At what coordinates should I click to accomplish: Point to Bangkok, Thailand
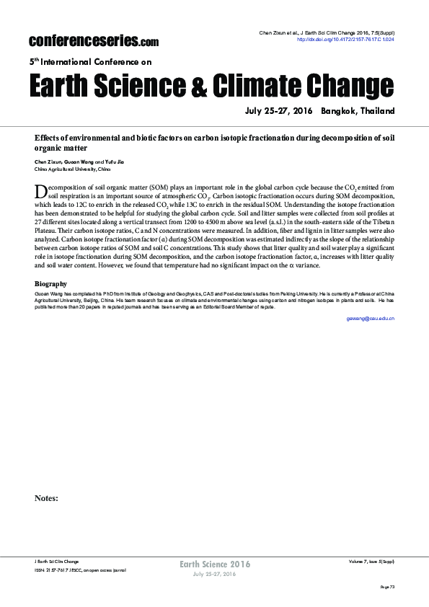click(x=358, y=112)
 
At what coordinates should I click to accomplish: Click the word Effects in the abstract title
click(x=50, y=137)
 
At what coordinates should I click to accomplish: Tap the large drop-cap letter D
click(x=41, y=190)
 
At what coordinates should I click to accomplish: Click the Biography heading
click(x=50, y=284)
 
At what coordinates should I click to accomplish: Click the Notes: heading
click(x=46, y=497)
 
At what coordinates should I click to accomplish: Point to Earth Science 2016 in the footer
click(x=214, y=564)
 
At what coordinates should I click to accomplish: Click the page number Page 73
click(x=388, y=588)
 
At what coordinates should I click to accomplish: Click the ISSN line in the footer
click(x=80, y=570)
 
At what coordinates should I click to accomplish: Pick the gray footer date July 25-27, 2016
click(x=214, y=574)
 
